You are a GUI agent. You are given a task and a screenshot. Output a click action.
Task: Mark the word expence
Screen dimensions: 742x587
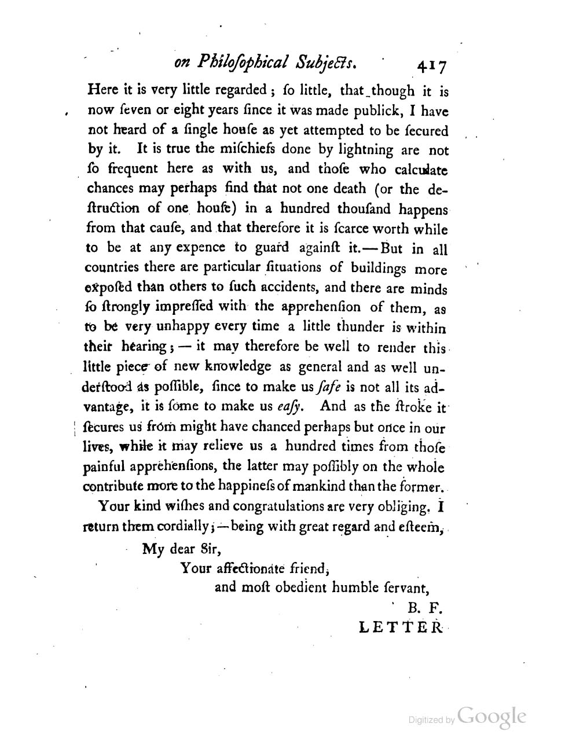pyautogui.click(x=196, y=248)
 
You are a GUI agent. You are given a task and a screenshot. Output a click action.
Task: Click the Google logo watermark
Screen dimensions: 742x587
pyautogui.click(x=491, y=717)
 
